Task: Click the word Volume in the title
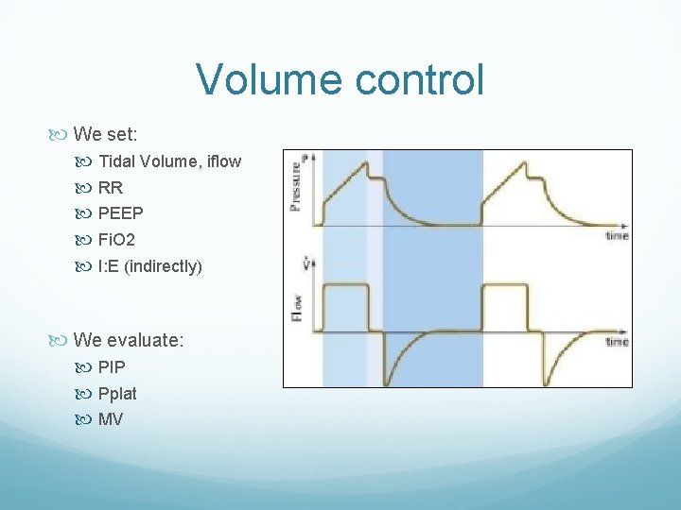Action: [271, 79]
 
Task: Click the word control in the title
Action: [419, 79]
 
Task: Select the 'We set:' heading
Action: [105, 134]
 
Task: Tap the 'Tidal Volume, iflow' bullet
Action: [169, 161]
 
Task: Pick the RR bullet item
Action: [111, 188]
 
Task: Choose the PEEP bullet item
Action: [120, 213]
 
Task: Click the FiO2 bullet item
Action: [116, 240]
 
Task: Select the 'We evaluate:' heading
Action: [128, 339]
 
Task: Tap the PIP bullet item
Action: [112, 366]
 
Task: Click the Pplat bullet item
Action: [117, 393]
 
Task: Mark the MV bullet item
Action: [111, 419]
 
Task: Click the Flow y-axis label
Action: [297, 304]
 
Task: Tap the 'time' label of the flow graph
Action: [617, 341]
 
